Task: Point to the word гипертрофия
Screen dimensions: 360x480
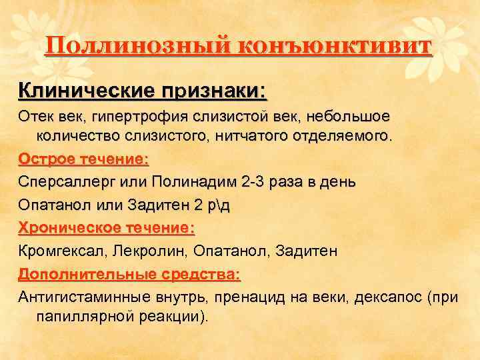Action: point(135,116)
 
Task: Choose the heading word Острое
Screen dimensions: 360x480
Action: point(47,160)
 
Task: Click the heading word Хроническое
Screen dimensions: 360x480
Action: point(69,228)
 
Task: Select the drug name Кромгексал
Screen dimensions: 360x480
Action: point(62,251)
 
